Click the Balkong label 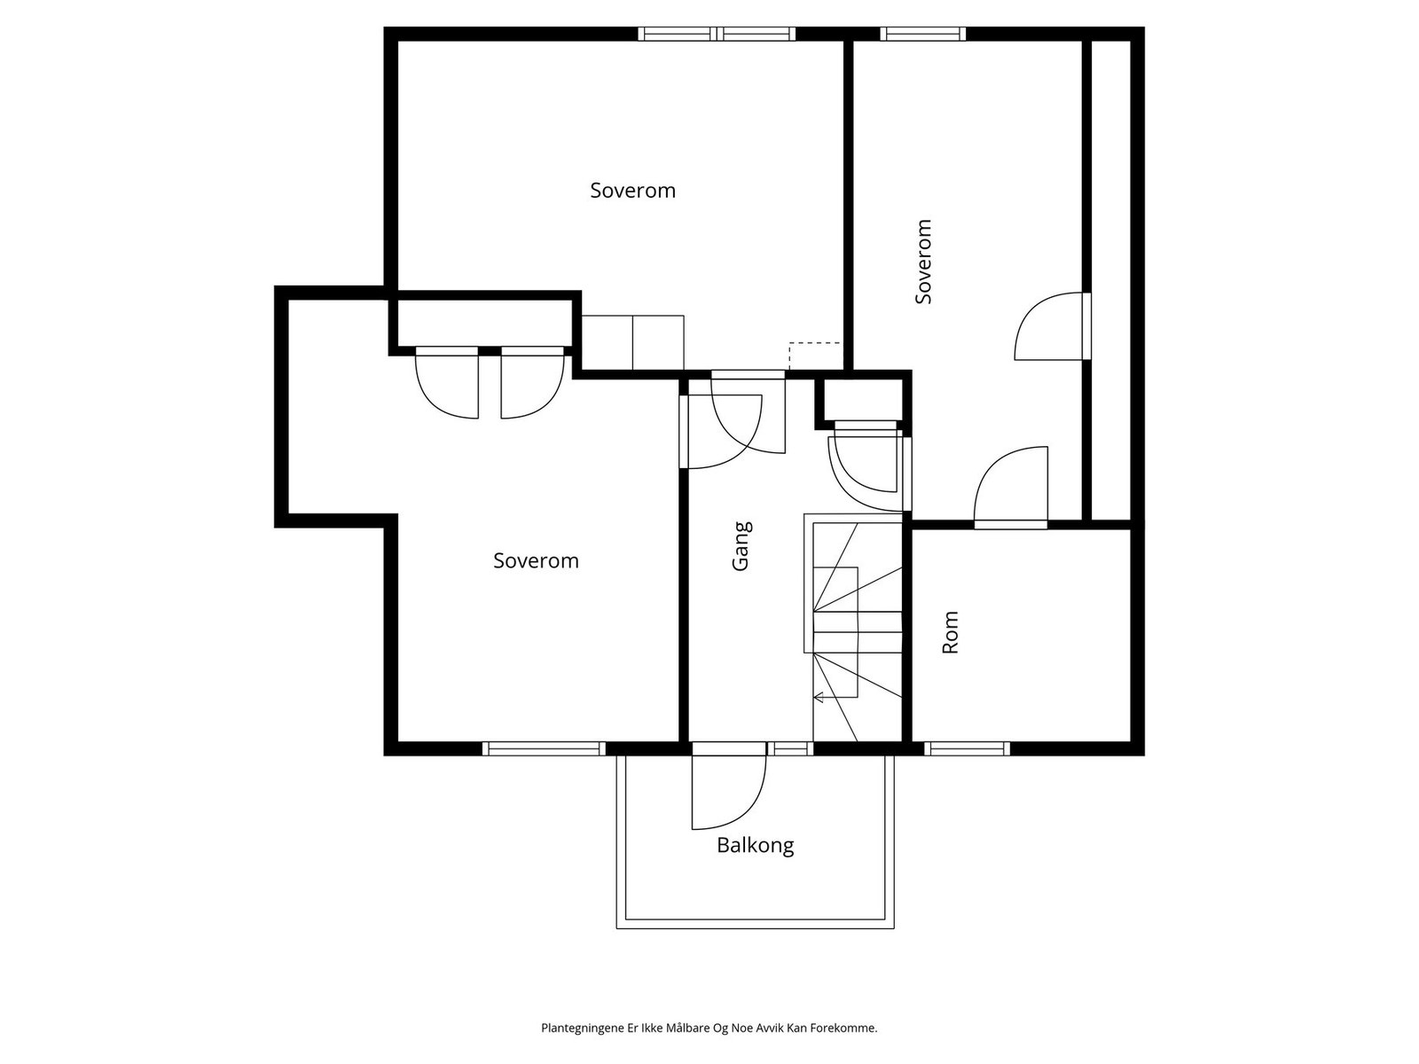755,846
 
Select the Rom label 950,632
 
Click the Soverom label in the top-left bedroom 632,191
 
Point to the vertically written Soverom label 923,262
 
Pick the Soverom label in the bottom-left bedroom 536,560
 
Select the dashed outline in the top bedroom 814,356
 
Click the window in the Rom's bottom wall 967,748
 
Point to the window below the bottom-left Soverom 544,748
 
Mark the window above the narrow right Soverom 922,34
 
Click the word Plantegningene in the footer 583,1028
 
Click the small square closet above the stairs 862,400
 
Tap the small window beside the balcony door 790,748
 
